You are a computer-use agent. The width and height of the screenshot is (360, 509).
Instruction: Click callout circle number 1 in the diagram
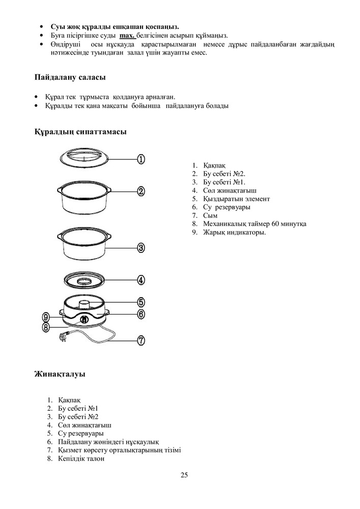pos(141,159)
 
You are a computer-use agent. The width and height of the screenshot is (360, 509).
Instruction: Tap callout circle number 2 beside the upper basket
pos(141,191)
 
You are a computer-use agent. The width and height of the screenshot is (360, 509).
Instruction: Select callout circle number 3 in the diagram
pos(141,248)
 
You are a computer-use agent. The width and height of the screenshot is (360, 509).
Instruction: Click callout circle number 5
pos(141,302)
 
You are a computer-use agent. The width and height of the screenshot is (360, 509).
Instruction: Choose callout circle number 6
pos(141,314)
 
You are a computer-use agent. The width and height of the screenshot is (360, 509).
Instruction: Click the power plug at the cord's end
pos(65,336)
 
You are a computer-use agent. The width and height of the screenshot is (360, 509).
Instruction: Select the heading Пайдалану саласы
pos(70,78)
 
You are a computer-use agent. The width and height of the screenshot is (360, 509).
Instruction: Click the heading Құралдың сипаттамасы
pos(80,132)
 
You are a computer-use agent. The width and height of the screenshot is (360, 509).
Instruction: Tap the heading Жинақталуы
pos(60,375)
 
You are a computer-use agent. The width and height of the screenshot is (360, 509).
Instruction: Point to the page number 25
pos(184,475)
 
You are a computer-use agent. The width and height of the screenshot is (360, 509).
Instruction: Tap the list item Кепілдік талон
pos(81,459)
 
